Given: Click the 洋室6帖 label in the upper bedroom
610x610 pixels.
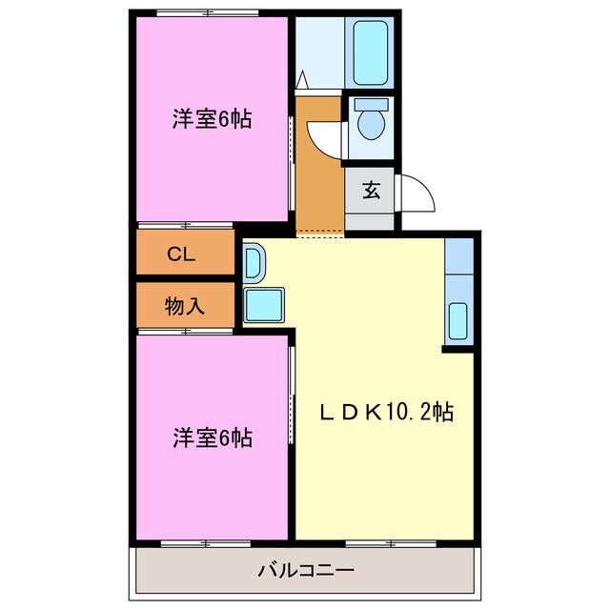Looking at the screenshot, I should pos(212,120).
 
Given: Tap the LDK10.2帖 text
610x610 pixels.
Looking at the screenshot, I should pos(385,412).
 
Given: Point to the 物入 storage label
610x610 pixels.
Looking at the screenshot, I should pos(185,306).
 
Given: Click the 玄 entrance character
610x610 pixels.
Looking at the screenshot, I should pos(371,190).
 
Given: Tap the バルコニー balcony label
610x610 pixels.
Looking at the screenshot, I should pos(306,571).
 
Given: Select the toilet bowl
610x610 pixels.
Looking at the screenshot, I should pos(371,125).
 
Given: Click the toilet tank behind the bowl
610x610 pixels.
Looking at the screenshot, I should pos(371,103).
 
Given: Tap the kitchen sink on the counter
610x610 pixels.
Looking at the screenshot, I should pos(458,319).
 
